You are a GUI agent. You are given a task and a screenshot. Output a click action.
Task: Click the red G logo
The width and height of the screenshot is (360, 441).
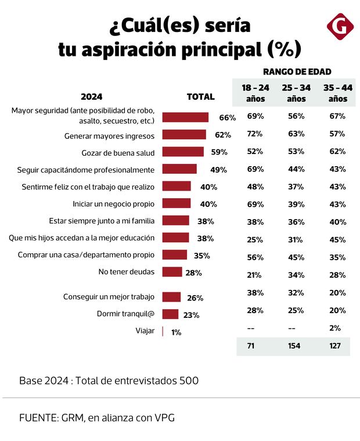[x=340, y=27]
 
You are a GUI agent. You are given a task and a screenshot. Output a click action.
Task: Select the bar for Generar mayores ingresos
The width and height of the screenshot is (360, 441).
[x=183, y=135]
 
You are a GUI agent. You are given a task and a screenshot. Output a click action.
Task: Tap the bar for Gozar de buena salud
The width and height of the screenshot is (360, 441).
[x=183, y=152]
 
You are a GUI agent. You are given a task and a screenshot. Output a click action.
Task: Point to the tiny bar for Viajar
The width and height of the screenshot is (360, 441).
[x=163, y=332]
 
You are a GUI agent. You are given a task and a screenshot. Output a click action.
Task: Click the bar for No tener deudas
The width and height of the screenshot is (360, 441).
[x=172, y=272]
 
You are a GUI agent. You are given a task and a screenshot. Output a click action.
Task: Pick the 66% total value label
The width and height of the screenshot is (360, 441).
[x=227, y=117]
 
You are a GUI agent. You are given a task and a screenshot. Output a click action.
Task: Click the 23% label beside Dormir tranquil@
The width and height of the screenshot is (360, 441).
[x=191, y=315]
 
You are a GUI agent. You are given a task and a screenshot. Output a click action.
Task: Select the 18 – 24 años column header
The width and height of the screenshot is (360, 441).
[x=255, y=93]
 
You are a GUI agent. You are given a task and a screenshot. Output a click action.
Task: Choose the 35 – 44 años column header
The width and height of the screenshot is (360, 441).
[x=337, y=93]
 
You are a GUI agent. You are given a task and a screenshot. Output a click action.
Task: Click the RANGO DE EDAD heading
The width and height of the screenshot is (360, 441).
[x=297, y=71]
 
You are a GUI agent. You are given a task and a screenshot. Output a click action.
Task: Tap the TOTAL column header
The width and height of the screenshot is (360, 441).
[x=200, y=97]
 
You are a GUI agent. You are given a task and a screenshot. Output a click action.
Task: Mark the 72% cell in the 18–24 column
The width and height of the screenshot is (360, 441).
[x=255, y=134]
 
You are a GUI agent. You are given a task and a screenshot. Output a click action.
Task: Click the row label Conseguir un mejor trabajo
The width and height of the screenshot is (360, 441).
[x=109, y=297]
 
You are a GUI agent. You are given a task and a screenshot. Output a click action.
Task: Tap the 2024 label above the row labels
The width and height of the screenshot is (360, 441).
[x=91, y=97]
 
